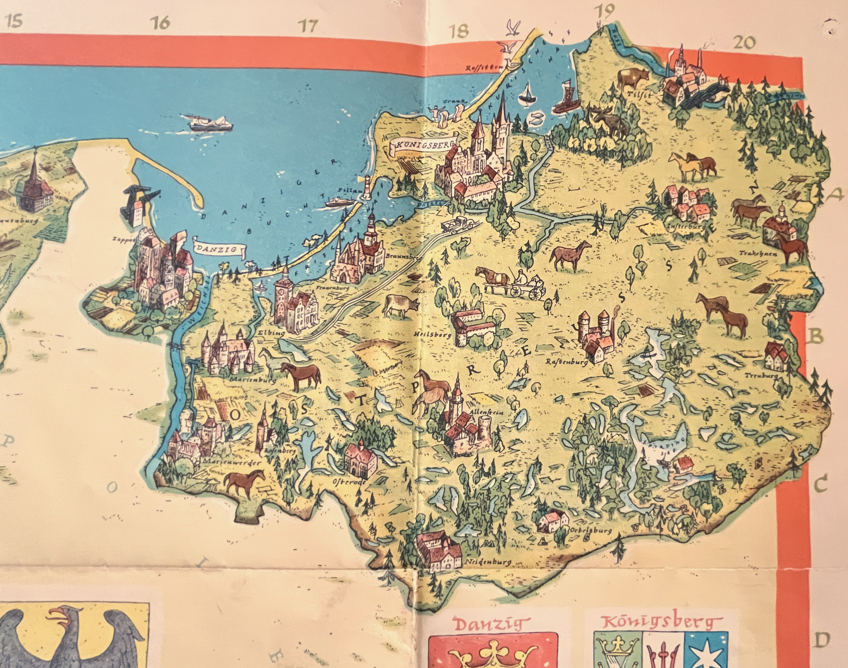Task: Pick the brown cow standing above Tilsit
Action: tap(632, 78)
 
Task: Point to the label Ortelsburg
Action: tap(591, 531)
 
